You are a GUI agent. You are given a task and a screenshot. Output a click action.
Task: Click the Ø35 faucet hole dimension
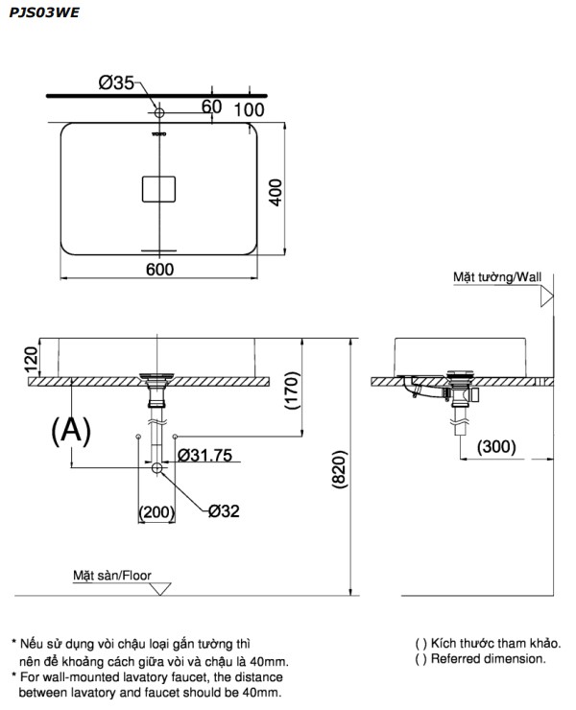coord(116,83)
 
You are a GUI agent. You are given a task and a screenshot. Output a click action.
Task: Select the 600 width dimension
coord(159,270)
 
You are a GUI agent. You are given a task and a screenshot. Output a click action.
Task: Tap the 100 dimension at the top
coord(248,109)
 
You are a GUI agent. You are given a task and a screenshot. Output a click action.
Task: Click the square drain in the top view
coord(160,188)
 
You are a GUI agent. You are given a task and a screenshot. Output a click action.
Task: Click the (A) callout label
coord(70,431)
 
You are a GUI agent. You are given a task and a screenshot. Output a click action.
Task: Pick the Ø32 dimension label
coord(223,510)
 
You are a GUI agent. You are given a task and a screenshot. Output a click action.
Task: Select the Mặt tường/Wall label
coord(497,277)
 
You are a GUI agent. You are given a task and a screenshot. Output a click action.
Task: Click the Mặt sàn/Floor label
coord(113,576)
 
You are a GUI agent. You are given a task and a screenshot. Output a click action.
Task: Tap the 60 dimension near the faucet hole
coord(212,106)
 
